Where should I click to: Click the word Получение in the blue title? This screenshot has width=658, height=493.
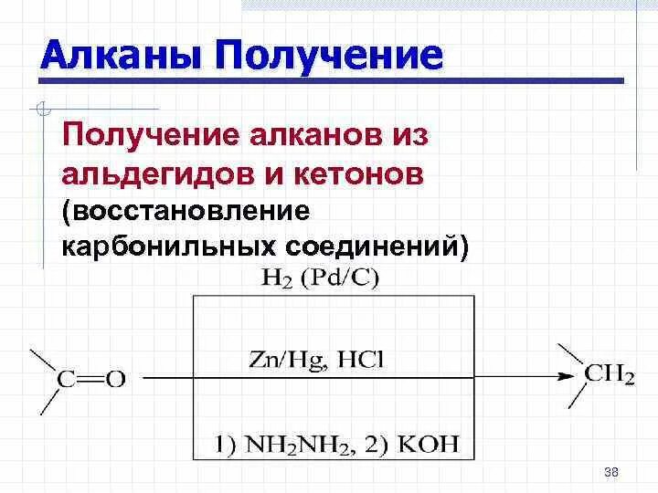pyautogui.click(x=329, y=56)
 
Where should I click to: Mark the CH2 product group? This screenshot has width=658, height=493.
pyautogui.click(x=609, y=375)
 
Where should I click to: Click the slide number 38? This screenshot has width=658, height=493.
pyautogui.click(x=611, y=471)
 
